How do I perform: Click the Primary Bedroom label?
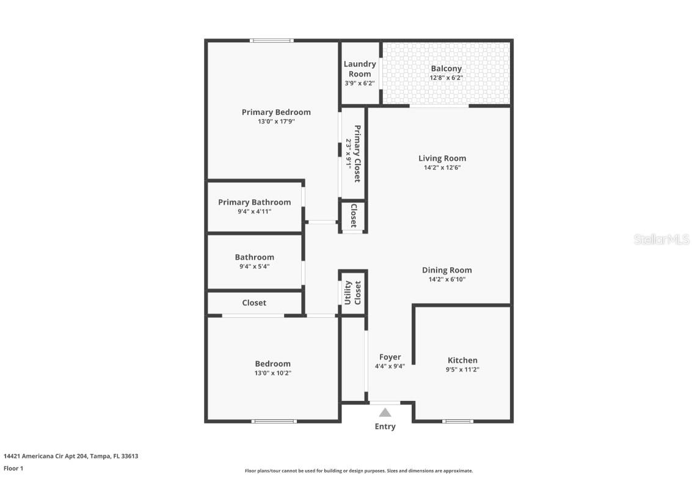[276, 112]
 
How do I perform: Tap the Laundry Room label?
[360, 68]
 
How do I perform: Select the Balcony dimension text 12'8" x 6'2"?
[446, 78]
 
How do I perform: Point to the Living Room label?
[442, 158]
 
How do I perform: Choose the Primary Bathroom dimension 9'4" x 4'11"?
[254, 211]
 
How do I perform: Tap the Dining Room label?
[446, 270]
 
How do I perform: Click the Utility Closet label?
[353, 293]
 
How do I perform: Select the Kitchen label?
[462, 360]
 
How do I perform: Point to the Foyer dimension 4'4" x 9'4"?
[390, 366]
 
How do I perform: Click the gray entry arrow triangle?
[385, 413]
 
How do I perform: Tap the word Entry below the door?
[385, 427]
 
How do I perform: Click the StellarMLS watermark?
[661, 240]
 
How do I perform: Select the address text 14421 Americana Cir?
[46, 456]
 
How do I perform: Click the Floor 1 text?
[13, 468]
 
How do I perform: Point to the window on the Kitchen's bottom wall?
[457, 421]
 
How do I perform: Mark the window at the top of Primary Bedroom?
[272, 41]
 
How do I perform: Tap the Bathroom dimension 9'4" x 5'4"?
[254, 267]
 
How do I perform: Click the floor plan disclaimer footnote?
[359, 471]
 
